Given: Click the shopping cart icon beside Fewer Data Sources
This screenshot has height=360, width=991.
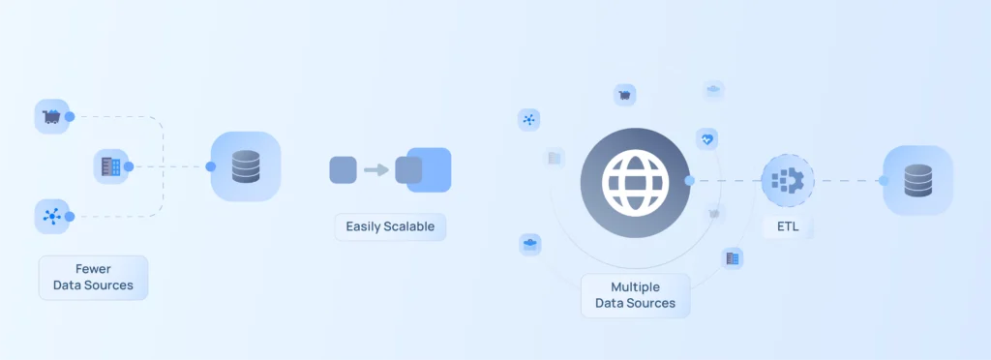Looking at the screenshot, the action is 50,117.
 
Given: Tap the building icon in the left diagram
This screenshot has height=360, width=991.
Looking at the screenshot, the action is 110,166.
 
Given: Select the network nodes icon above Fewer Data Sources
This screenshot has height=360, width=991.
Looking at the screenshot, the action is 50,216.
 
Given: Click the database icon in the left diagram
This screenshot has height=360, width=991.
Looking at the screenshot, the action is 246,166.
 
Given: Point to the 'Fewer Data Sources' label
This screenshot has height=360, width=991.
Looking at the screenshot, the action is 93,277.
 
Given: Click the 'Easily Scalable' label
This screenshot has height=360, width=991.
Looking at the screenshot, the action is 390,227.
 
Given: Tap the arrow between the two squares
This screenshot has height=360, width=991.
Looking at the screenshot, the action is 375,170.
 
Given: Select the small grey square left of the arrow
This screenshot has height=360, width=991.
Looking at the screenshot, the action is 344,169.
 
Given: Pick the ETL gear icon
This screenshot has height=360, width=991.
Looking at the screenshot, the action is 787,180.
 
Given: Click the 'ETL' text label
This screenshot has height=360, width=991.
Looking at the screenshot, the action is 787,227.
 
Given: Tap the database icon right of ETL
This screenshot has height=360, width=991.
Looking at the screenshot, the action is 917,180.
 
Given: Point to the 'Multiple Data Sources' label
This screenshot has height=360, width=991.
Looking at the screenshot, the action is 635,294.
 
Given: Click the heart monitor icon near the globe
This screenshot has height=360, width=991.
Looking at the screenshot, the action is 707,139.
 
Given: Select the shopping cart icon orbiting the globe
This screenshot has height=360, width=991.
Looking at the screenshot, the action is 625,95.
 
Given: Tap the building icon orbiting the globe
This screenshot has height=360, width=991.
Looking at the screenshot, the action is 733,257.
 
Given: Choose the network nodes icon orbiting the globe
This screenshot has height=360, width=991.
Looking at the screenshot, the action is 528,120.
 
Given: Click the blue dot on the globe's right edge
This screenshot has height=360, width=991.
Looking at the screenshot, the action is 689,180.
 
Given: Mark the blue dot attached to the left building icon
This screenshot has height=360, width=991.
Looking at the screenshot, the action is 129,166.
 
